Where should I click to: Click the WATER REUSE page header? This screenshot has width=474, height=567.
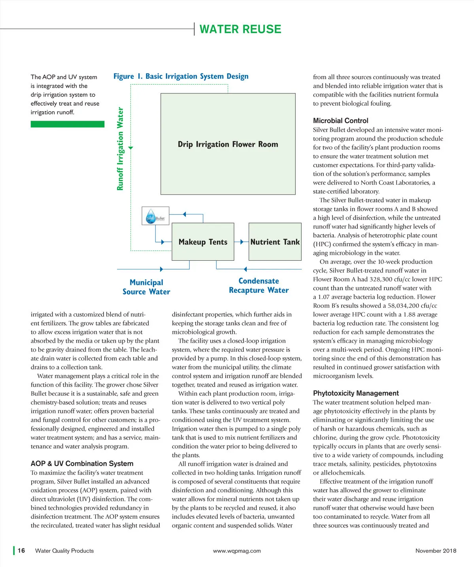coord(240,29)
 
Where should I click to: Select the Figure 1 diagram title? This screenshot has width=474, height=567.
coord(181,76)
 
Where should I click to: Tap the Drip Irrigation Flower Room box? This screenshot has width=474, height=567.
coord(228,144)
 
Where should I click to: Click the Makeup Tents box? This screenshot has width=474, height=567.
coord(203,242)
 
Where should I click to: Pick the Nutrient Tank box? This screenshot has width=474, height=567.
coord(275,242)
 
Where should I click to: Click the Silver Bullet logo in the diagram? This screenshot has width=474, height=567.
coord(155,216)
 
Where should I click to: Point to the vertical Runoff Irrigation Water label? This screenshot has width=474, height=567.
coord(120,149)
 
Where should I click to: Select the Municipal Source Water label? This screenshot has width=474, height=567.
coord(146,287)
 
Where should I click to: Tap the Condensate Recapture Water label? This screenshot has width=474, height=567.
coord(259,285)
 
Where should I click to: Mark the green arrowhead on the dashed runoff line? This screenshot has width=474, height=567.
coord(131,148)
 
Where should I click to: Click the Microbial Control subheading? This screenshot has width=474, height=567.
coord(340,121)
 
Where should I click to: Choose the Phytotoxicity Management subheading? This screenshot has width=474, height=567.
coord(356,393)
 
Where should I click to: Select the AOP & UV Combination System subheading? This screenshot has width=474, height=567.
coord(82,463)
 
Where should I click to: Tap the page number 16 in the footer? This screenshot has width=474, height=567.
coord(21,550)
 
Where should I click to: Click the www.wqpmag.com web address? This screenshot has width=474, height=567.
coord(237,551)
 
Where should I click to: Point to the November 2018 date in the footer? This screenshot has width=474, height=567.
coord(436,551)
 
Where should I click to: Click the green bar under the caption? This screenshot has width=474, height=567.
coord(68,124)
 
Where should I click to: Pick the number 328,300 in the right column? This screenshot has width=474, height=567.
coord(383,279)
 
